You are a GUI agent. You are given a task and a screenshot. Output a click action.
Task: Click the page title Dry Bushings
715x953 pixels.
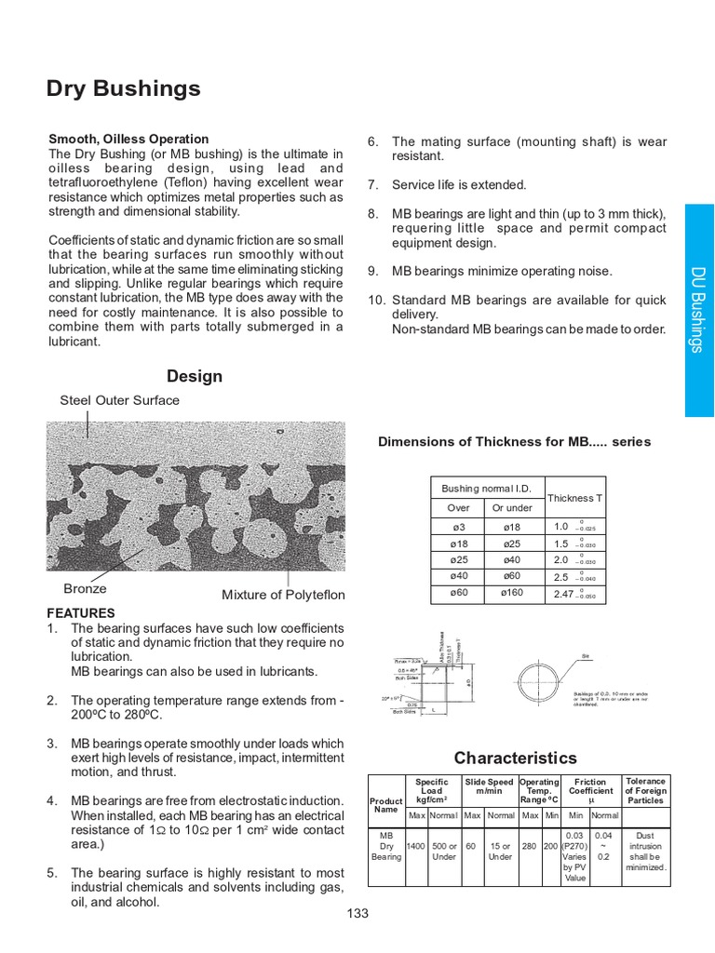(x=123, y=88)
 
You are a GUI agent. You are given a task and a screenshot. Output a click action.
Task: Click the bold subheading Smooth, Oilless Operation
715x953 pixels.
(x=128, y=139)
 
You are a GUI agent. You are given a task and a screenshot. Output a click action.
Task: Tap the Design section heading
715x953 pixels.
(x=195, y=376)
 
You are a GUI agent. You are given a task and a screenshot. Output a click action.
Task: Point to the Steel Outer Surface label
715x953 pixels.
(x=119, y=400)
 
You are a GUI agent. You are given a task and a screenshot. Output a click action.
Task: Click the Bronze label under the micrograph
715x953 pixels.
(x=85, y=588)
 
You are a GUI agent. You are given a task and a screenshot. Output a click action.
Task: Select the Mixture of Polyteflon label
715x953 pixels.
(x=283, y=595)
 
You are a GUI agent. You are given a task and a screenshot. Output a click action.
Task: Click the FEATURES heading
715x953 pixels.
(x=81, y=613)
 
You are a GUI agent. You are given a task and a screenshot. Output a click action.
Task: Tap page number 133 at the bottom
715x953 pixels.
(x=357, y=913)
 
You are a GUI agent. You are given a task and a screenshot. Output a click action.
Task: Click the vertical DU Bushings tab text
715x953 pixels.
(x=697, y=310)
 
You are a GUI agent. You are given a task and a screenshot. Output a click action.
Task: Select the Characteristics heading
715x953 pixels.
(x=515, y=758)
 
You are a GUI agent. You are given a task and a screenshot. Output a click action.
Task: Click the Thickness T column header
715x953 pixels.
(x=574, y=498)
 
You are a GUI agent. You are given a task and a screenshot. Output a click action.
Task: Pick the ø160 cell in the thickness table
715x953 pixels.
(x=512, y=593)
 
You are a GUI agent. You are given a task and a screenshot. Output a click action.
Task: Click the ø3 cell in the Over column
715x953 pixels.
(x=458, y=527)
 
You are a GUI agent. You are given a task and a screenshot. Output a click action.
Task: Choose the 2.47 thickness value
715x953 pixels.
(x=564, y=594)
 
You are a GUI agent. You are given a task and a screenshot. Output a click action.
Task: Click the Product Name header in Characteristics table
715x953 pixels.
(x=386, y=805)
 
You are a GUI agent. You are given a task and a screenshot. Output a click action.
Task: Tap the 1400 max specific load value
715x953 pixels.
(x=416, y=847)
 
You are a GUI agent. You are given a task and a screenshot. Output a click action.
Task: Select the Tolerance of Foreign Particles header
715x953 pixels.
(x=645, y=791)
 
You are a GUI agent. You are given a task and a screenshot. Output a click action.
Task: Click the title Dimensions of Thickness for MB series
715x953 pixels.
(x=514, y=441)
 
